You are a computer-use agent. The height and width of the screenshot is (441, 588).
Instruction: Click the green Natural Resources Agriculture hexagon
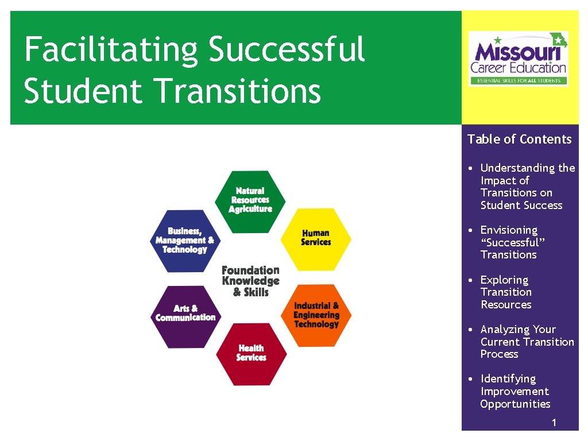(250, 201)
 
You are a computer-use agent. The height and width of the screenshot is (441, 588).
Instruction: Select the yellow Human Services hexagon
(316, 238)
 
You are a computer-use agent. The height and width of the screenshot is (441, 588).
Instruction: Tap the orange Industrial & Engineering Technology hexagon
(316, 315)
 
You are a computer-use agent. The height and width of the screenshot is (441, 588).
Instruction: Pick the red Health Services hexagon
(251, 354)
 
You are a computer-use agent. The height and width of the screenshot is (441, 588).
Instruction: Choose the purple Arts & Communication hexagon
(185, 315)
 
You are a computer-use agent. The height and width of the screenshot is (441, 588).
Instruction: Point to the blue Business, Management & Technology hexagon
(185, 241)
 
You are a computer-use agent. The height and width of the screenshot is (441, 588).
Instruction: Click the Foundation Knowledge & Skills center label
(250, 281)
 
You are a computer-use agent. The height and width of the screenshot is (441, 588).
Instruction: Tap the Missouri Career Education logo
(519, 59)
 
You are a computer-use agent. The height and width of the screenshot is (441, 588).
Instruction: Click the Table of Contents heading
(519, 139)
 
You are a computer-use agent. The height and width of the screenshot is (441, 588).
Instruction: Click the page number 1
(554, 423)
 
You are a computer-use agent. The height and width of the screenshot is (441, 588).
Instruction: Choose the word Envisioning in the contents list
(509, 230)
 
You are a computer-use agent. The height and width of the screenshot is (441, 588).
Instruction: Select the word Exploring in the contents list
(504, 280)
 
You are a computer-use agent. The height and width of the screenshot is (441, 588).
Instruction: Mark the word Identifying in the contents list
(508, 378)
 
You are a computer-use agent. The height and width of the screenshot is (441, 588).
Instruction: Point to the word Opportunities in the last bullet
(515, 404)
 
